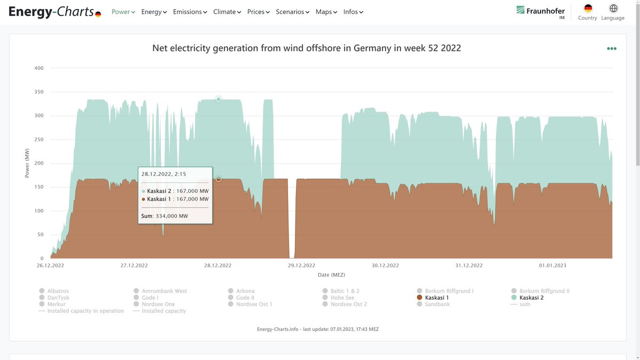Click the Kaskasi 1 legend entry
click(436, 298)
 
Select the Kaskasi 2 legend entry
click(531, 298)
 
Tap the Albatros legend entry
click(58, 291)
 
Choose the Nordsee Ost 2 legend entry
click(348, 304)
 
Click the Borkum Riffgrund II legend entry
click(544, 291)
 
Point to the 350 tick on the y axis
click(39, 92)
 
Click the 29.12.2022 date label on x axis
click(301, 265)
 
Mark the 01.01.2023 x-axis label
click(553, 265)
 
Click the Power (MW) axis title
click(27, 163)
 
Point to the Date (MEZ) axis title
click(331, 275)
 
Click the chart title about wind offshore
click(307, 48)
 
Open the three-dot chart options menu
click(611, 49)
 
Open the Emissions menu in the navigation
click(190, 12)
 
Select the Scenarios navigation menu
click(292, 12)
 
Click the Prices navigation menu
click(258, 12)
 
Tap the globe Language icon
click(613, 9)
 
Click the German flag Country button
click(588, 9)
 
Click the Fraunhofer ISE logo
click(541, 11)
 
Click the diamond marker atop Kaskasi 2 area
click(218, 99)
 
